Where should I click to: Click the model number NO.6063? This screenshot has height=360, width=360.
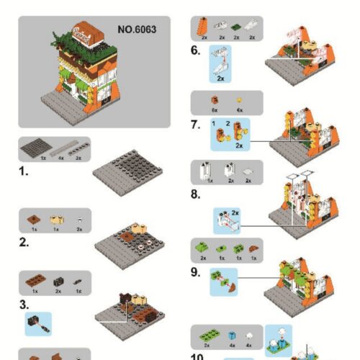136,30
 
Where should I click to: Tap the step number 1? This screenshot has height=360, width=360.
24,172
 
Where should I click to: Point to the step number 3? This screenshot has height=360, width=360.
24,304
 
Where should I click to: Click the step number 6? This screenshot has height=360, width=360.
195,50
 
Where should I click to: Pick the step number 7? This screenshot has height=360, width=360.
195,125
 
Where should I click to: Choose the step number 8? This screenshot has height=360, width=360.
195,194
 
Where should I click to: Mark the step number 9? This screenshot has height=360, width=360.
195,271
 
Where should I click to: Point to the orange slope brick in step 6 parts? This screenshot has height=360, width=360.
204,27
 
